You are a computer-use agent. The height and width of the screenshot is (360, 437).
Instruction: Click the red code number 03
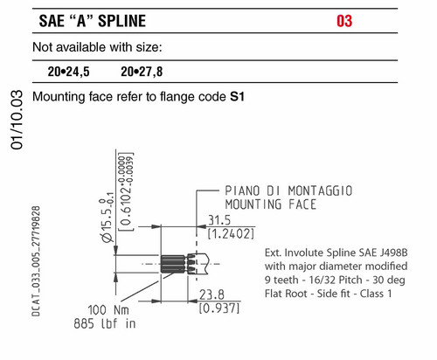click(344, 21)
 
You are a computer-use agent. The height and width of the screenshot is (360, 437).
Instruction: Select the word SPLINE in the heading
click(121, 21)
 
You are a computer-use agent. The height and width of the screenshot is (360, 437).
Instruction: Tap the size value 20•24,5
click(69, 72)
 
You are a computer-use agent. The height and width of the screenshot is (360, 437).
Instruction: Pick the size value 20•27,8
click(142, 72)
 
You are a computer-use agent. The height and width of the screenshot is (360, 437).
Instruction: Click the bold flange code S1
click(237, 97)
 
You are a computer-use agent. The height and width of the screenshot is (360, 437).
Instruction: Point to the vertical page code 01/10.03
click(17, 120)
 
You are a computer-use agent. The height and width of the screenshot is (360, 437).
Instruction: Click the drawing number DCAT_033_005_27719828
click(36, 261)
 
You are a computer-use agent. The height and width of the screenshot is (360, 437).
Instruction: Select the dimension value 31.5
click(219, 220)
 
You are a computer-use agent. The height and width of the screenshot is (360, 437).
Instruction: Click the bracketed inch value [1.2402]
click(231, 234)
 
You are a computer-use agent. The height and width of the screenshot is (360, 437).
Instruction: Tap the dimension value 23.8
click(212, 294)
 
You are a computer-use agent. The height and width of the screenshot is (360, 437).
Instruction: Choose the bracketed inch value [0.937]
click(219, 308)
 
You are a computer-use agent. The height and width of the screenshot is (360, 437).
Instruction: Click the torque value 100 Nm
click(108, 310)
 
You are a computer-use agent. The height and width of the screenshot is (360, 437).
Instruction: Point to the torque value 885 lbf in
click(105, 323)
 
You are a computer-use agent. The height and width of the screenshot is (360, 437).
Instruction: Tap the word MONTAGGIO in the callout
click(320, 191)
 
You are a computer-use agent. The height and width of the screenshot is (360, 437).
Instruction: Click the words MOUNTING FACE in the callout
click(271, 204)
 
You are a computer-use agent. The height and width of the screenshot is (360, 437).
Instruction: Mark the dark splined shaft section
click(173, 264)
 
